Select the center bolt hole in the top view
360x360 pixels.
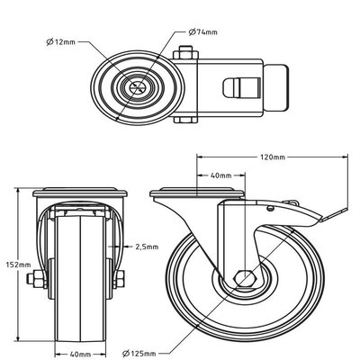click(x=138, y=88)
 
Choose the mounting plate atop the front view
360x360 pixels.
click(x=81, y=193)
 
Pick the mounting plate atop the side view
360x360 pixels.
click(x=197, y=193)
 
